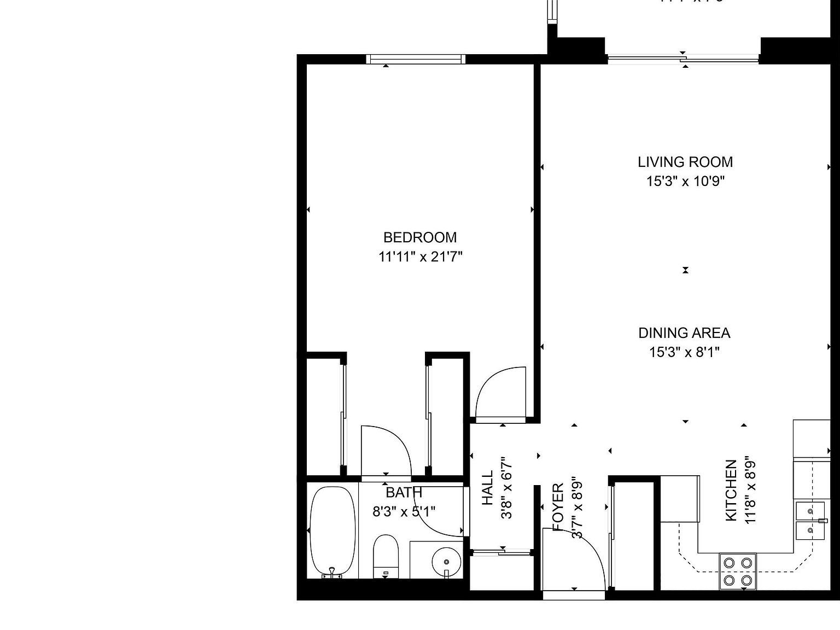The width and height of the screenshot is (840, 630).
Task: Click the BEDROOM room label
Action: pyautogui.click(x=419, y=237)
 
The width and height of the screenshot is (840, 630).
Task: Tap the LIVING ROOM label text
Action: pyautogui.click(x=685, y=162)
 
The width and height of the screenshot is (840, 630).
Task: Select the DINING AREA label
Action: pyautogui.click(x=684, y=333)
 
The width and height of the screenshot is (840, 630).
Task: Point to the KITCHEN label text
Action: pyautogui.click(x=731, y=491)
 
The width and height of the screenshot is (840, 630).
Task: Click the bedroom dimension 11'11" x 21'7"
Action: pyautogui.click(x=420, y=256)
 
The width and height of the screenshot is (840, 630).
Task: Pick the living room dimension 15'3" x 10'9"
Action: pyautogui.click(x=685, y=181)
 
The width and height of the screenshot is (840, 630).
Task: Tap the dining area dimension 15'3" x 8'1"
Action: pyautogui.click(x=684, y=352)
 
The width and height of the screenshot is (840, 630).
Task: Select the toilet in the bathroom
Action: pyautogui.click(x=386, y=556)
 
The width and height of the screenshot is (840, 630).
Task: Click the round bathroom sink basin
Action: pyautogui.click(x=446, y=562)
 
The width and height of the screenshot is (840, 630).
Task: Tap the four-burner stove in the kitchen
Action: pyautogui.click(x=738, y=571)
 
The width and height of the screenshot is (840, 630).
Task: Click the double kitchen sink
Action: pyautogui.click(x=810, y=521)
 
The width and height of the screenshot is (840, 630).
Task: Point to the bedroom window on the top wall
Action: pyautogui.click(x=416, y=59)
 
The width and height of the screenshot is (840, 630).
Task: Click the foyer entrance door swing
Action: pyautogui.click(x=574, y=561)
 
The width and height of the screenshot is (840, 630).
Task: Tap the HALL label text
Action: pyautogui.click(x=487, y=488)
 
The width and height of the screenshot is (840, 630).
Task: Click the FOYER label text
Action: pyautogui.click(x=558, y=506)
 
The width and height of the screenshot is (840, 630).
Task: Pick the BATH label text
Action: pyautogui.click(x=404, y=493)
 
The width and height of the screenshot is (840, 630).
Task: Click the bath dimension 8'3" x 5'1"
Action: pyautogui.click(x=404, y=512)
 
